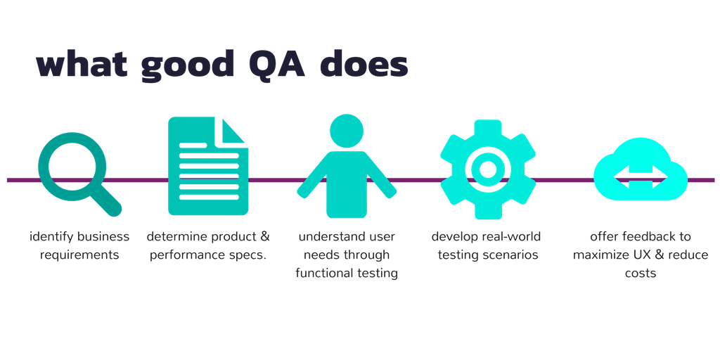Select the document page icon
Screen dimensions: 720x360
click(208, 166)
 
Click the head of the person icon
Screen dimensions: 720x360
click(347, 131)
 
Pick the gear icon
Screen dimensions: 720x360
click(488, 169)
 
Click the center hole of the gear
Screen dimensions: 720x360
click(488, 169)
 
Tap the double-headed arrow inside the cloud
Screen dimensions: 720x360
click(640, 176)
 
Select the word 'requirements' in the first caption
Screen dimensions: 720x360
click(79, 255)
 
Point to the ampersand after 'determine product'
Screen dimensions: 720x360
click(264, 237)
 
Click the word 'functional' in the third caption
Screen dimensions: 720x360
click(324, 274)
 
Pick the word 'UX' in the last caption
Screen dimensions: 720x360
click(642, 255)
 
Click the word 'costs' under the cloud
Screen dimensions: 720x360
click(641, 274)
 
